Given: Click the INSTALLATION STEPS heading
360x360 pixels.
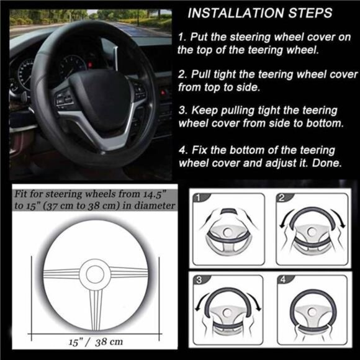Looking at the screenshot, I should tap(259, 12).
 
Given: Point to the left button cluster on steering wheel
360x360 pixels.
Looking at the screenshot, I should tap(64, 99).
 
